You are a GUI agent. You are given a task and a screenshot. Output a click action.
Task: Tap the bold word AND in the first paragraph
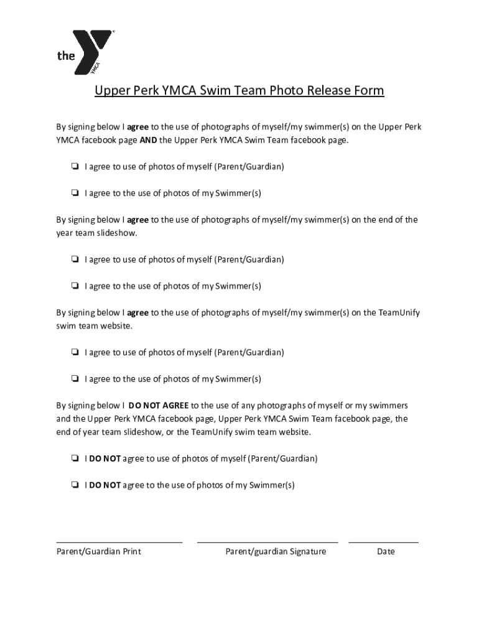[x=148, y=140]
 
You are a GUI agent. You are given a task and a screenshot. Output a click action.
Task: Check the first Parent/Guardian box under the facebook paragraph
[x=74, y=167]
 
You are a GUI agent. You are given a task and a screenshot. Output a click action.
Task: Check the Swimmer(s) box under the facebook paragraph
[x=74, y=193]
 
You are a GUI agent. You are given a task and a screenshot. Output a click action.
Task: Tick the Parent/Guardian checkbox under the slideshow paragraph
[x=74, y=259]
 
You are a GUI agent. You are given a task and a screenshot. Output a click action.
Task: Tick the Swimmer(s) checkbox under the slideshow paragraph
[x=74, y=286]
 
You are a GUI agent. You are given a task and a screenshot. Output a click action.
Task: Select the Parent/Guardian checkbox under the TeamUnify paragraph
[x=74, y=352]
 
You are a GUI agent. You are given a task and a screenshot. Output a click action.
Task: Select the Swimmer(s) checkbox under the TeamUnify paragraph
[x=74, y=379]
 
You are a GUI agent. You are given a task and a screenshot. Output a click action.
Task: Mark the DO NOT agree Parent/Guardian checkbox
[x=74, y=458]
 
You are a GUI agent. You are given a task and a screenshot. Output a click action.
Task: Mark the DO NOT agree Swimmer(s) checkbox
[x=74, y=485]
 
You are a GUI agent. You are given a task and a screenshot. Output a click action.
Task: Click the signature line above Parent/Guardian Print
[x=119, y=541]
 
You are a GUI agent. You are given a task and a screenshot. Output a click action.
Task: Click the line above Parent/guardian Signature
[x=267, y=541]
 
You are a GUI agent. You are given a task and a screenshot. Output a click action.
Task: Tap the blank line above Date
[x=383, y=541]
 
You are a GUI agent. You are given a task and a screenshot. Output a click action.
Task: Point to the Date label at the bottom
[x=386, y=552]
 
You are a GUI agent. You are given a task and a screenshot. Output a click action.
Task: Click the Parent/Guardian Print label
[x=99, y=552]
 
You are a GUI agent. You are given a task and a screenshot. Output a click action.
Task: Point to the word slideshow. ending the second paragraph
[x=116, y=233]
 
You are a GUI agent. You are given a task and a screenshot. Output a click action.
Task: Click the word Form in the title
[x=370, y=91]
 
